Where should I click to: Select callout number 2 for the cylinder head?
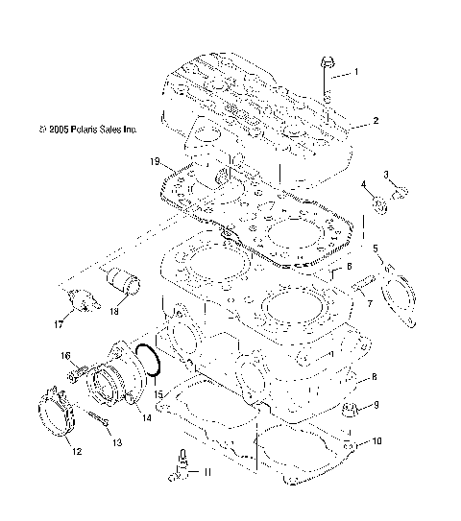pos(376,121)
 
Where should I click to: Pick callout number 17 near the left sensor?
pos(70,324)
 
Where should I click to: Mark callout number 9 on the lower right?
pos(376,405)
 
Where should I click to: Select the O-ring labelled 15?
pos(149,362)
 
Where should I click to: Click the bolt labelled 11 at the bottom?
pos(179,462)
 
